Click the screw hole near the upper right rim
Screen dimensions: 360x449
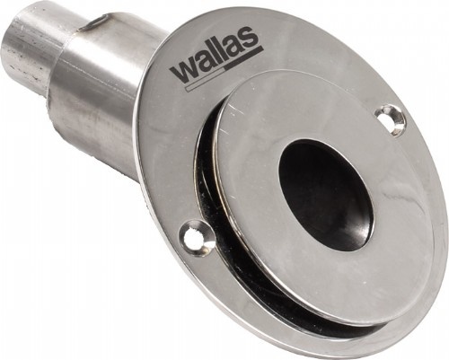tap(391, 119)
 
